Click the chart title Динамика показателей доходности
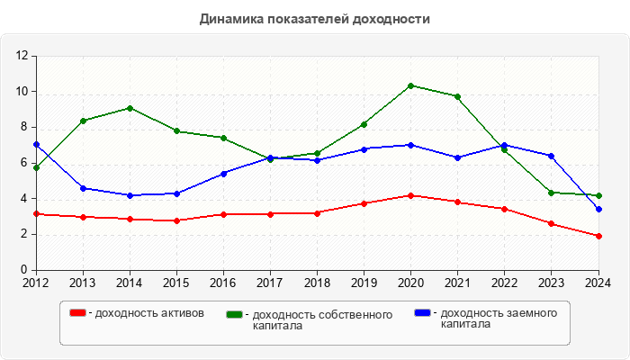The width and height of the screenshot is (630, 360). tap(314, 18)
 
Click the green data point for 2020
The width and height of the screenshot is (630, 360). tap(410, 85)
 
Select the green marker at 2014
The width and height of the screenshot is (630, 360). tap(130, 108)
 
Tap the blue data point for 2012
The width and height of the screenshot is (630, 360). tap(36, 144)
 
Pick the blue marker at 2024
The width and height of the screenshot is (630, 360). tap(598, 209)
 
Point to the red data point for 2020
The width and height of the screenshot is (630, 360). tap(410, 195)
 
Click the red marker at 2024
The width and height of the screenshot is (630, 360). tap(598, 236)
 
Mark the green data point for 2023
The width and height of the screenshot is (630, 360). tap(552, 193)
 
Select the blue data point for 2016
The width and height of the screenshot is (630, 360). tap(223, 173)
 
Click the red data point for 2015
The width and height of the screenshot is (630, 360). tap(176, 220)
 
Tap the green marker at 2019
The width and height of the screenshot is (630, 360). tap(364, 124)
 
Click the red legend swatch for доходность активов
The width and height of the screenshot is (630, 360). tap(78, 313)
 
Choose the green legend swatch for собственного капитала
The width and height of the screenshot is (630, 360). tap(235, 314)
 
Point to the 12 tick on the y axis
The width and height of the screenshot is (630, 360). tap(22, 56)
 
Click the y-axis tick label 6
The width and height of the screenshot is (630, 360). tap(26, 163)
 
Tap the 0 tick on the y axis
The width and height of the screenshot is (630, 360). tap(26, 270)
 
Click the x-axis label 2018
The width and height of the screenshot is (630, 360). tap(317, 283)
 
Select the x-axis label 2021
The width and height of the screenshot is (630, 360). tap(457, 283)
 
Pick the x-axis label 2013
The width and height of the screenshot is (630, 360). tap(83, 283)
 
